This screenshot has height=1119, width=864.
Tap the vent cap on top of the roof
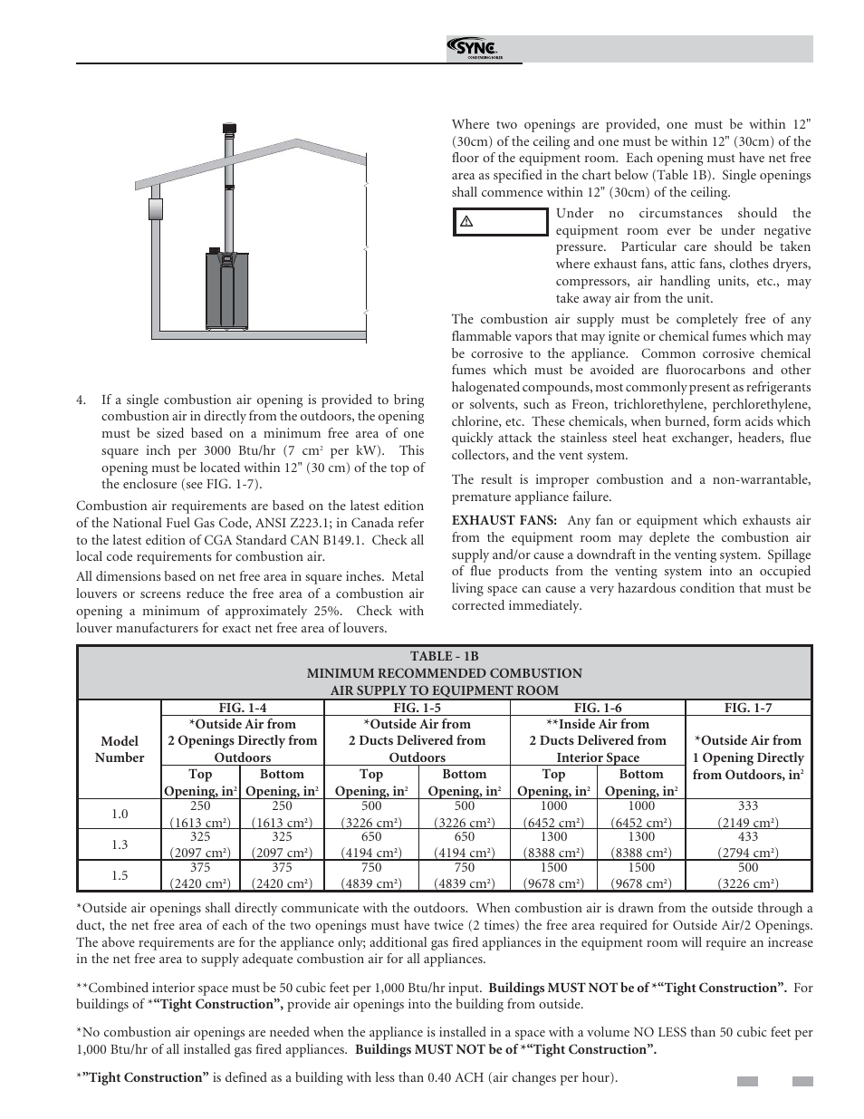coord(230,130)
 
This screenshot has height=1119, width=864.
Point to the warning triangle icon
coord(467,222)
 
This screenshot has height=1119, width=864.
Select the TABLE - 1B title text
coord(444,657)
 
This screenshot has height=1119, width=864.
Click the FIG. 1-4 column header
coord(243,708)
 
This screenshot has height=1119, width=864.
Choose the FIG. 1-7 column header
coord(748,708)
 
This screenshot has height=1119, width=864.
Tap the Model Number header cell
coord(120,749)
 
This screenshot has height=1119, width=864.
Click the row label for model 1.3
coord(120,844)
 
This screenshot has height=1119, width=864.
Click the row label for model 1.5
coord(120,875)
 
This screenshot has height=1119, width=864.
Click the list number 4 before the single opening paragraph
coord(82,400)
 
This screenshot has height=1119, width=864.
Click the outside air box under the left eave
coord(155,210)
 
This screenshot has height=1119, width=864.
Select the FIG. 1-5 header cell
coord(418,708)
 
